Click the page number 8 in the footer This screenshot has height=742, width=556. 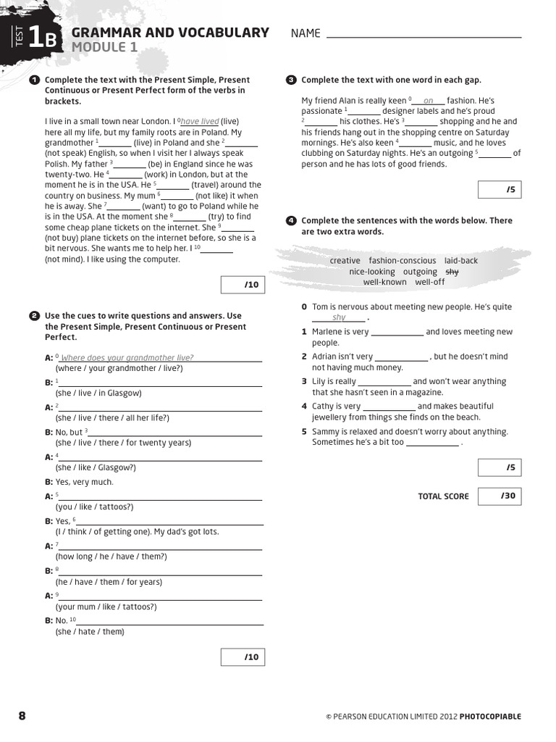pos(22,716)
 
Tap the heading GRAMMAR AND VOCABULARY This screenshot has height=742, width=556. pos(170,33)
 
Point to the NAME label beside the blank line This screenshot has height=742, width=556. pos(306,33)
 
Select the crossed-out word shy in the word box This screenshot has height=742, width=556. pos(452,272)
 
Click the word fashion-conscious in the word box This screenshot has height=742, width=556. pos(402,261)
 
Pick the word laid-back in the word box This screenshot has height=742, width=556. pos(461,261)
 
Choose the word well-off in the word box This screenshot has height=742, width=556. pos(430,282)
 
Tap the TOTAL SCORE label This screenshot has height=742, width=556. pos(443,496)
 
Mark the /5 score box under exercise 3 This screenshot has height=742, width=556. pos(500,190)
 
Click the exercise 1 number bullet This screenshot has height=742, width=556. pos(34,80)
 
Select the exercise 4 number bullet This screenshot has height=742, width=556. pos(291,220)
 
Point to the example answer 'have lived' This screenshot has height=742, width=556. pos(200,122)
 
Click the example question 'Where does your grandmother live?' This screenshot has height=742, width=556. pos(127,358)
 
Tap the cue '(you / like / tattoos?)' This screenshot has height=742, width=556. pos(94,507)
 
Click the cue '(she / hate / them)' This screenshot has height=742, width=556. pos(90,632)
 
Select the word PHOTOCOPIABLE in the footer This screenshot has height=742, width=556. pos(490,717)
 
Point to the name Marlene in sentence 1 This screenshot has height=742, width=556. pos(327,332)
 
